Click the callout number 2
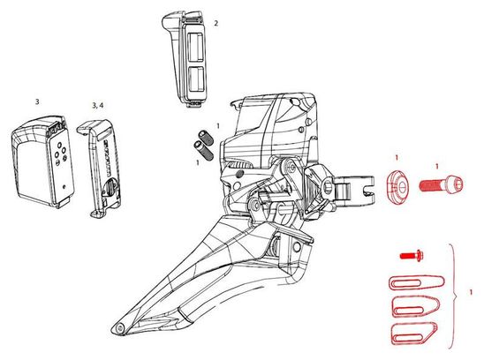[x=216, y=23]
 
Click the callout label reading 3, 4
[x=98, y=106]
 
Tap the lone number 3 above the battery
[x=37, y=101]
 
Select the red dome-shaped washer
[x=397, y=185]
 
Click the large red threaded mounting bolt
[x=441, y=184]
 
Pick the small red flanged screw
[x=412, y=255]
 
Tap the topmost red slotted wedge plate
[x=416, y=281]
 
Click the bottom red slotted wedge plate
[x=414, y=334]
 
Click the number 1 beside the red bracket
[x=471, y=292]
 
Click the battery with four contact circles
[x=43, y=161]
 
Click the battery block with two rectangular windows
[x=184, y=59]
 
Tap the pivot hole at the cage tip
[x=119, y=329]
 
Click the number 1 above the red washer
[x=397, y=158]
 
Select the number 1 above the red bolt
[x=437, y=167]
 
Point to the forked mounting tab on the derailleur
[x=355, y=187]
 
